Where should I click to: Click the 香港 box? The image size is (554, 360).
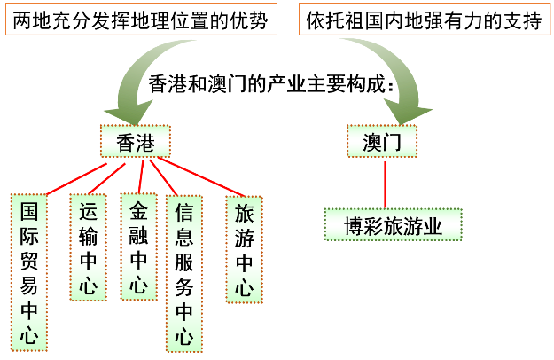(135, 143)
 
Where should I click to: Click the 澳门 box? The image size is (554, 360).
(381, 143)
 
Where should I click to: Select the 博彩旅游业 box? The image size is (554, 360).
(393, 226)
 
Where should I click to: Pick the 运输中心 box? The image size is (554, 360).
(88, 247)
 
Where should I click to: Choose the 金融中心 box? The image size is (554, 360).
(138, 247)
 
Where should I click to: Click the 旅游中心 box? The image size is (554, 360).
(244, 249)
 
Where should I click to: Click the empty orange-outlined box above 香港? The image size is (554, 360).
(141, 19)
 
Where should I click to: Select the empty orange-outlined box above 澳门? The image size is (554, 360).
(424, 19)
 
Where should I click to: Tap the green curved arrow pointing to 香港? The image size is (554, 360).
(142, 84)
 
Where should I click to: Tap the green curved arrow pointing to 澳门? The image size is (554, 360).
(390, 80)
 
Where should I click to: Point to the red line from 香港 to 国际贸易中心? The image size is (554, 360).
(75, 178)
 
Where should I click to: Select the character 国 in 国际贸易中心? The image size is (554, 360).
(28, 213)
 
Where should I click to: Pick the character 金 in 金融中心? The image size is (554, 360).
(138, 212)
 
